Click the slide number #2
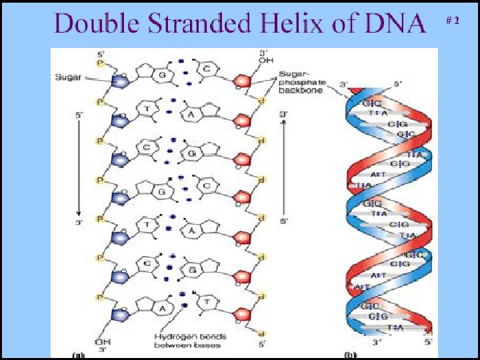tap(452, 21)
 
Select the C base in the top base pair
tap(207, 68)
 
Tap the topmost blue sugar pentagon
tap(121, 83)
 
